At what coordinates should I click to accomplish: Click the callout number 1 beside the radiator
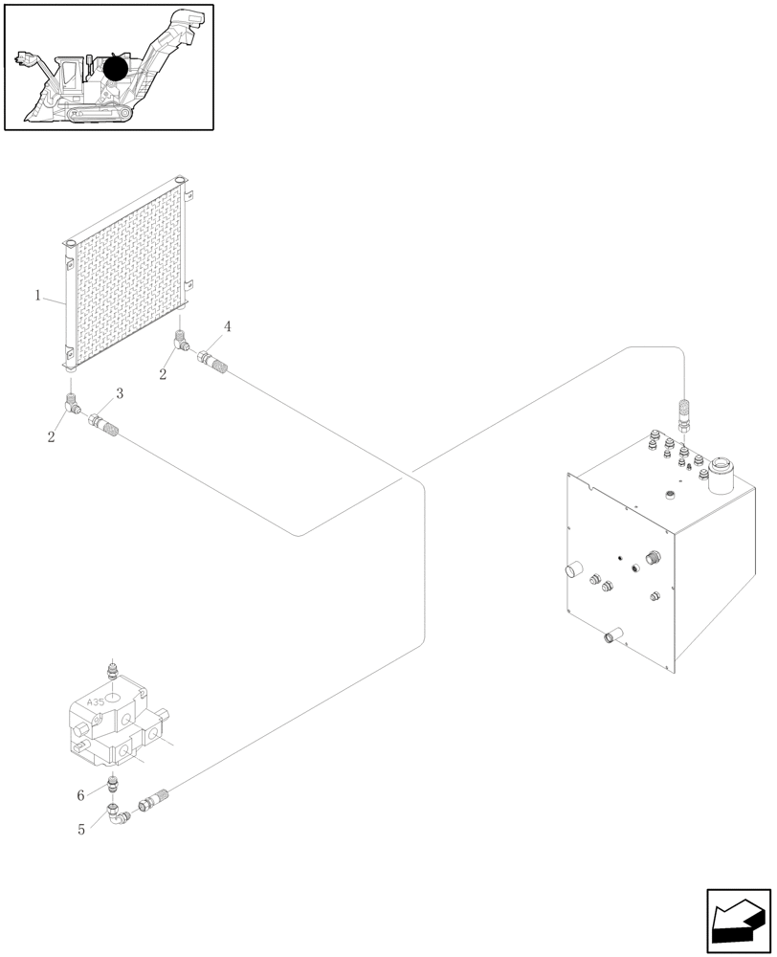tap(38, 296)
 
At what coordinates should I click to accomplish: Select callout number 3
tap(120, 393)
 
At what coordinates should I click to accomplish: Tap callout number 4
tap(227, 327)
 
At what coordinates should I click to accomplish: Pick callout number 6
tap(82, 795)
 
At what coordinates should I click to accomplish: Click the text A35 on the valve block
tap(96, 701)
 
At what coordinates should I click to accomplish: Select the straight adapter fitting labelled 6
tap(114, 787)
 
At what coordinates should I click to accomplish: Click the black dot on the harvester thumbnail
tap(117, 68)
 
